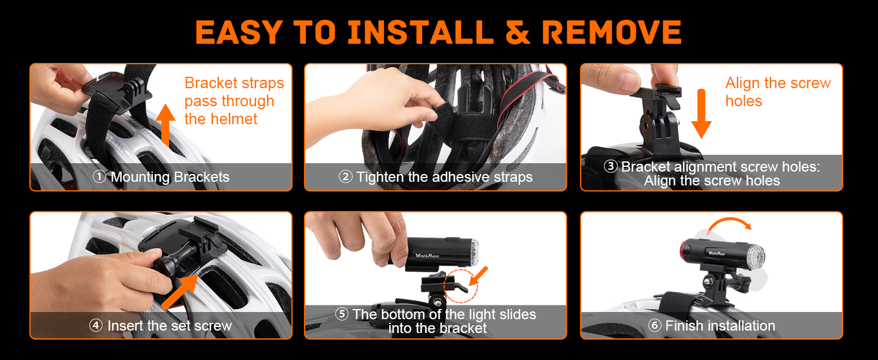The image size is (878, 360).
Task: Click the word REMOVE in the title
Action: click(x=612, y=32)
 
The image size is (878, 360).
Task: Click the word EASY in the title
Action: click(x=239, y=32)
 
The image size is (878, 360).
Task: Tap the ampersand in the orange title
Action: click(x=518, y=32)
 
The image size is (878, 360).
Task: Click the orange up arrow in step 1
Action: click(x=166, y=125)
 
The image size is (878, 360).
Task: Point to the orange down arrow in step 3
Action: click(x=701, y=114)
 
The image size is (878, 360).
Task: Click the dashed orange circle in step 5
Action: click(x=461, y=286)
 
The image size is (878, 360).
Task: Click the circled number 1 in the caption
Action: click(x=100, y=176)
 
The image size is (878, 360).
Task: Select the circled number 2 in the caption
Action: click(x=345, y=176)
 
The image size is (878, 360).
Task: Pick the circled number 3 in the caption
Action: click(x=611, y=166)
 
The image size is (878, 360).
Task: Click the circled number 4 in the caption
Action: click(x=96, y=325)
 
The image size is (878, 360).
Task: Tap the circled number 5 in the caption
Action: click(x=342, y=314)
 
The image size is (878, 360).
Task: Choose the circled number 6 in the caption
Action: click(x=654, y=325)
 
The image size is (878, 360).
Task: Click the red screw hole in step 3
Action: click(x=644, y=126)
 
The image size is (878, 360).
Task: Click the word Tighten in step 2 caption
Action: click(x=380, y=177)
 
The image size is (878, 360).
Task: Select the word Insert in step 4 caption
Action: click(x=125, y=325)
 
